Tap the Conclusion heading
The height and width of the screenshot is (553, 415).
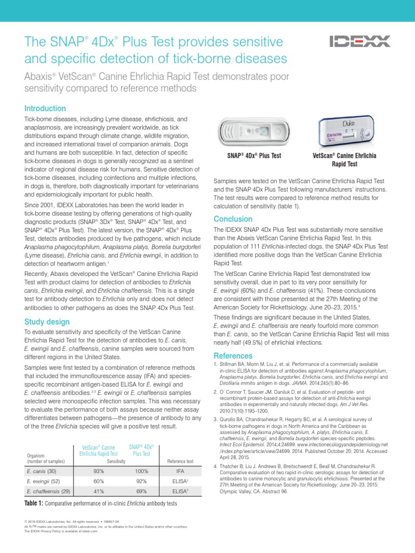pyautogui.click(x=233, y=219)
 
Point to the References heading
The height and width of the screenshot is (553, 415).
pyautogui.click(x=233, y=356)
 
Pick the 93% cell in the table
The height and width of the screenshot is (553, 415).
pyautogui.click(x=99, y=471)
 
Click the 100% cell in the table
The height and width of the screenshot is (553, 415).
pyautogui.click(x=142, y=471)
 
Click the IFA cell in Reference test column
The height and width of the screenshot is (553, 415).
pyautogui.click(x=180, y=471)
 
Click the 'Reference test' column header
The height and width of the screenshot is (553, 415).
pyautogui.click(x=180, y=462)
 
